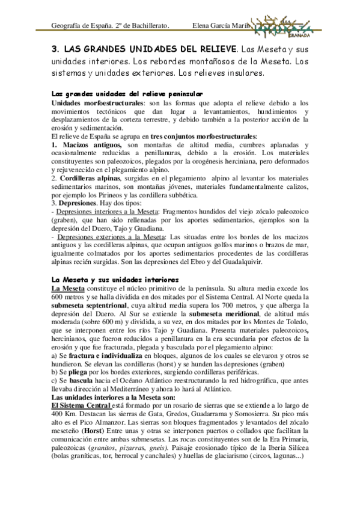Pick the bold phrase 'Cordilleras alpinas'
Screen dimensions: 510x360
click(x=90, y=179)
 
